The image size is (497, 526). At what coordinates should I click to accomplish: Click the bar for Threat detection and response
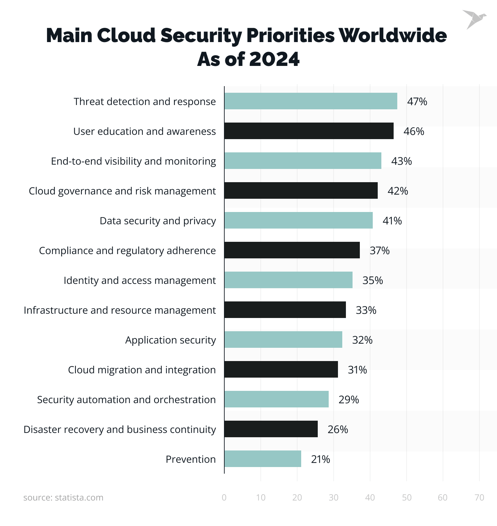tap(310, 101)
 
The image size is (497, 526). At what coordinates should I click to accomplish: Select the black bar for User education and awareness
tap(309, 131)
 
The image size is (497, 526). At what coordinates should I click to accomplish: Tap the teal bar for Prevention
tap(262, 459)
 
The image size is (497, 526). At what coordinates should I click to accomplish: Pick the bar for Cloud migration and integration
tap(281, 369)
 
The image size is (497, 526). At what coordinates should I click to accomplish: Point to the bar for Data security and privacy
tap(298, 220)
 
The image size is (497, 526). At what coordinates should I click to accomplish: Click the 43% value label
tap(401, 161)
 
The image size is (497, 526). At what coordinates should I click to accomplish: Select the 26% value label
tap(338, 429)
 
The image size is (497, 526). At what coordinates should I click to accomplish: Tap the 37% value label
tap(379, 250)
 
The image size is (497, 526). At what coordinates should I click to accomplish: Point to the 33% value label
tap(366, 310)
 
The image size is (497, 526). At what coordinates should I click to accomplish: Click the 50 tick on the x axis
tap(407, 498)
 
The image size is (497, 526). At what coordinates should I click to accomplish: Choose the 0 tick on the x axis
tap(224, 498)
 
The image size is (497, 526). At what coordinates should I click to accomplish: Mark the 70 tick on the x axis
tap(479, 498)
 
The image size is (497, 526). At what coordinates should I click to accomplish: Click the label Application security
tap(170, 340)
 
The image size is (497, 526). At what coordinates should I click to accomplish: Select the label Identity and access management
tap(139, 281)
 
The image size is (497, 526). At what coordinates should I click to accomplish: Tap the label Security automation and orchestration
tap(126, 400)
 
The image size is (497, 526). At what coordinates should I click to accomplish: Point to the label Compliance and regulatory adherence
tap(127, 251)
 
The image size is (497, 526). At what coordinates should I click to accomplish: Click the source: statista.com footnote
tap(63, 498)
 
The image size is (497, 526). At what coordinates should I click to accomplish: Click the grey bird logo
tap(474, 19)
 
